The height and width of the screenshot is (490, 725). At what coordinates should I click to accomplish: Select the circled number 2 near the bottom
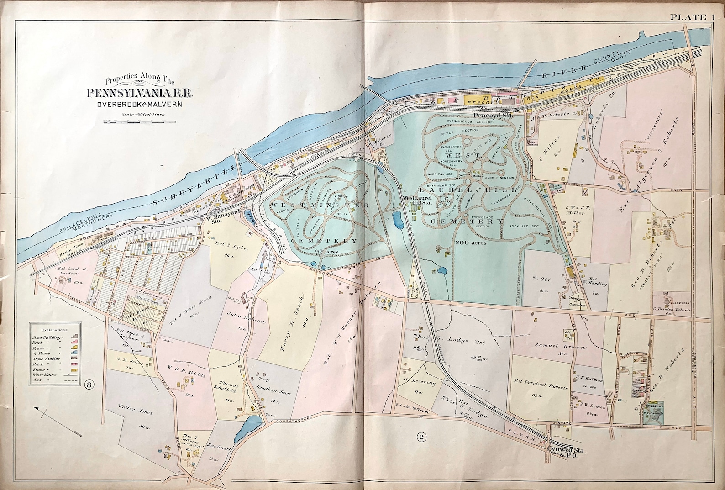pos(421,437)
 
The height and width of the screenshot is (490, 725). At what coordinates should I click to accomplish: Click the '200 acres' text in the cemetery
pos(470,243)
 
